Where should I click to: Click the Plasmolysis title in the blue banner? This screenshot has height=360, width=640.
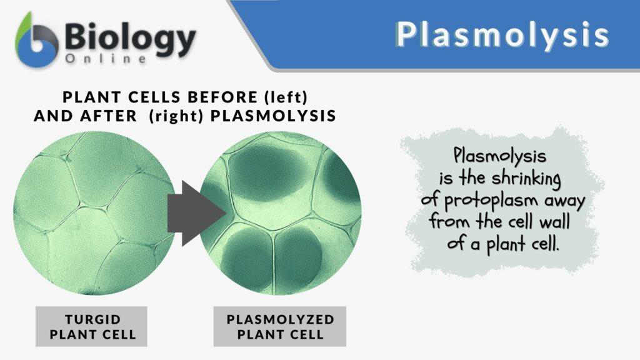[x=502, y=35]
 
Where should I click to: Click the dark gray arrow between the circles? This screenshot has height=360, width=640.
[x=196, y=213]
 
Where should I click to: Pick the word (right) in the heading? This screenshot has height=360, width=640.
[x=177, y=116]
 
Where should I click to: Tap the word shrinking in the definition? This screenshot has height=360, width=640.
[x=522, y=178]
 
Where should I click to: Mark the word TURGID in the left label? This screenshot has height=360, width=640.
[x=91, y=318]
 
